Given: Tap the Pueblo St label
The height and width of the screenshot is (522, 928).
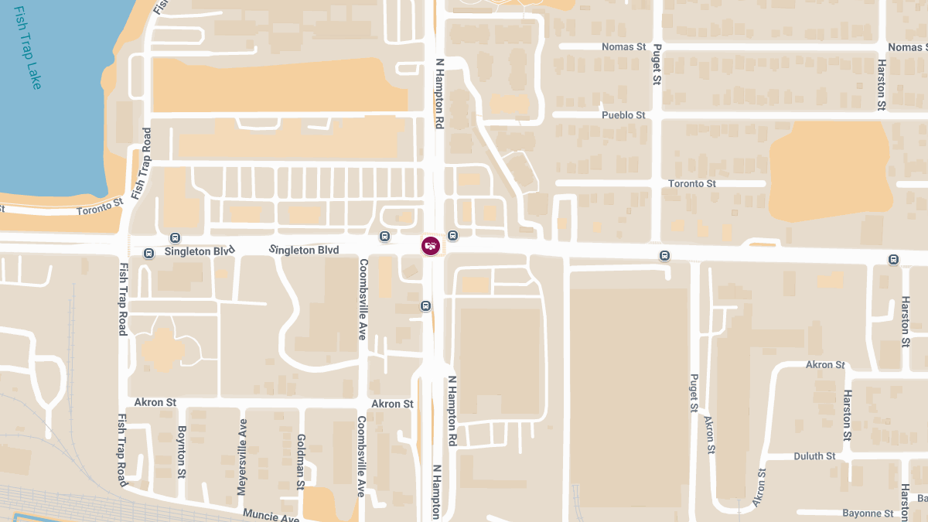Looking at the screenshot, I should click(623, 115).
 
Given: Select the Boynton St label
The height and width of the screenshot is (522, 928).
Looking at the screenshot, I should click(182, 451).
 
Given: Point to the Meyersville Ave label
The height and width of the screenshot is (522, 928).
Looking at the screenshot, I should click(243, 457).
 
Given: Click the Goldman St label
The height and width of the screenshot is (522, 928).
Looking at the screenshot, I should click(300, 462).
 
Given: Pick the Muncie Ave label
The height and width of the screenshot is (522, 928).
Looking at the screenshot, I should click(271, 514).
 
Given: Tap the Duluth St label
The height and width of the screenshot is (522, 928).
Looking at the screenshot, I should click(814, 456).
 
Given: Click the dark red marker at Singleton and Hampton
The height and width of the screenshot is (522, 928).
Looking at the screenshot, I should click(431, 246).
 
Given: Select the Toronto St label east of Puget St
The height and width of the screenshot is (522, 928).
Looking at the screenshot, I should click(692, 183).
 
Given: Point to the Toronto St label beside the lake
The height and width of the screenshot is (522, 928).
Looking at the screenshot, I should click(100, 206).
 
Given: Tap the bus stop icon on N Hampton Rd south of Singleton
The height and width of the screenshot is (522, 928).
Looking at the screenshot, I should click(425, 305).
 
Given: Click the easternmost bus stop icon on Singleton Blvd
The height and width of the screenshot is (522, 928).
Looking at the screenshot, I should click(894, 260).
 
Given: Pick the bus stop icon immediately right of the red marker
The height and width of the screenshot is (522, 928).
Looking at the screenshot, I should click(452, 235).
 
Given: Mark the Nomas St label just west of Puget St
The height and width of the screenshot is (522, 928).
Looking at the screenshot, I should click(624, 47).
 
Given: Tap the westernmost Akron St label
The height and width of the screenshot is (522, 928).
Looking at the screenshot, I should click(155, 402).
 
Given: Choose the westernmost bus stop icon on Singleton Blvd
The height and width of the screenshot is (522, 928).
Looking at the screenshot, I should click(175, 237).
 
